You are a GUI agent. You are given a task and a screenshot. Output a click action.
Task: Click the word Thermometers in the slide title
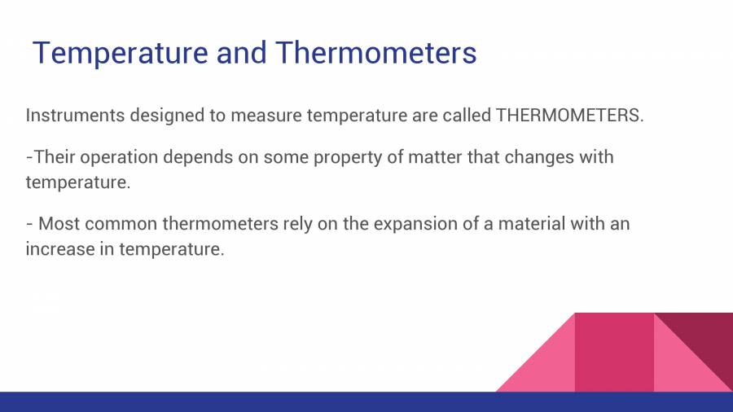(x=375, y=53)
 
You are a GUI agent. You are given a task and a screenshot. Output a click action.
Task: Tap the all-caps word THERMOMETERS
(x=569, y=115)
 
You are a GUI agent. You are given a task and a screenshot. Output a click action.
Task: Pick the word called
(x=466, y=115)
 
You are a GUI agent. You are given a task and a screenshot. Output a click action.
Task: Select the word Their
(x=55, y=156)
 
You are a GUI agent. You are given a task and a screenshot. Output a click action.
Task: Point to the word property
(x=343, y=156)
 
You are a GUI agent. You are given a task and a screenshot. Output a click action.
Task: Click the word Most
(x=58, y=223)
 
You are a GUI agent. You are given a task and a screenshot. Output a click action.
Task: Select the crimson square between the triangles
(x=614, y=352)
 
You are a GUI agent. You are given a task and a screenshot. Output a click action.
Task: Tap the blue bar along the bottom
(x=366, y=401)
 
